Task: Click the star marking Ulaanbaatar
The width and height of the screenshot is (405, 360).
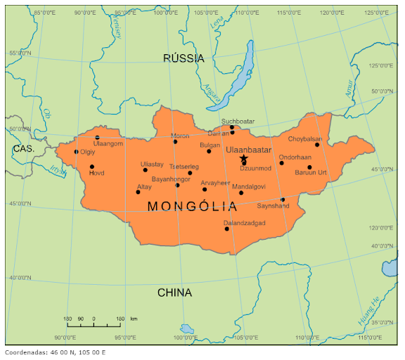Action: click(243, 159)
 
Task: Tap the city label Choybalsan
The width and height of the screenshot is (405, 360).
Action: click(304, 139)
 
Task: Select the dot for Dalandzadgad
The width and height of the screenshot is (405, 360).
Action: click(227, 229)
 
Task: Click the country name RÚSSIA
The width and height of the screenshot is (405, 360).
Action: click(184, 58)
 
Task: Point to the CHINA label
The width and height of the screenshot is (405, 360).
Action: click(175, 292)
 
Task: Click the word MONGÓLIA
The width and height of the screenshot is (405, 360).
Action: click(192, 206)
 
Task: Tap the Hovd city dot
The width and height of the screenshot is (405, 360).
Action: click(91, 167)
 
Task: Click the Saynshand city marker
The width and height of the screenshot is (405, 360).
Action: click(283, 200)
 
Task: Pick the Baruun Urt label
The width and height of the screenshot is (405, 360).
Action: click(311, 173)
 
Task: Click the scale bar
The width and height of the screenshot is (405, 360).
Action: click(94, 325)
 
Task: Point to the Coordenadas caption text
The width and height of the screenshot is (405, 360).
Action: click(55, 352)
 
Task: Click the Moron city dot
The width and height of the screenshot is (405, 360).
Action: click(176, 142)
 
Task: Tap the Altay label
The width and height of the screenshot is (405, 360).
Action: click(144, 186)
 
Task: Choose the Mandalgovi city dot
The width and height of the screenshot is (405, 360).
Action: click(241, 193)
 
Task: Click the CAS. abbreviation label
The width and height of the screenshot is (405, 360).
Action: click(22, 149)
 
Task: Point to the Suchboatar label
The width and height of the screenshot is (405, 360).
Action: click(238, 122)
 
